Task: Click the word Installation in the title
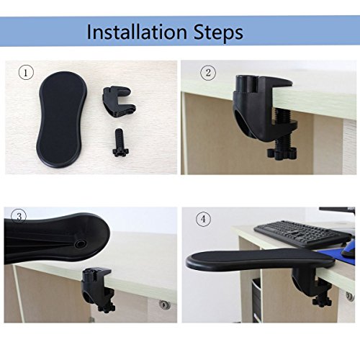(x=137, y=32)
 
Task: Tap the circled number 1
(x=26, y=73)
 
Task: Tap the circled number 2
(x=208, y=73)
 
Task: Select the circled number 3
(x=19, y=217)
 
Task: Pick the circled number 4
(x=203, y=220)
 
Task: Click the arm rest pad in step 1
(x=61, y=120)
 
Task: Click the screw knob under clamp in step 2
(x=282, y=153)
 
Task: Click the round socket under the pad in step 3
(x=80, y=244)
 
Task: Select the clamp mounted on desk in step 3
(x=99, y=290)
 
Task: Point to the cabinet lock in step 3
(x=165, y=305)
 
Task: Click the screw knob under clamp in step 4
(x=322, y=302)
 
